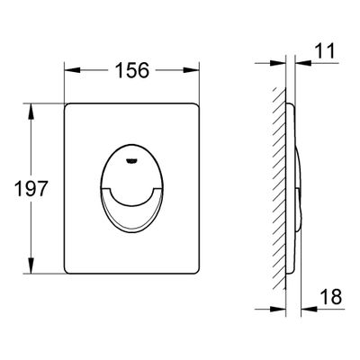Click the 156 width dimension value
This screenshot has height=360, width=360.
coord(132,70)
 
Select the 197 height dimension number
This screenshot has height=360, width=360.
coord(31,188)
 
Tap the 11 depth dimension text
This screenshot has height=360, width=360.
coord(325,50)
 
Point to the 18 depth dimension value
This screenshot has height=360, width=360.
coord(331,296)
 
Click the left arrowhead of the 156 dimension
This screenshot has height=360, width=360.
coord(73,70)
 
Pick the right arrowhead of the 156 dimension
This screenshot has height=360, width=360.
coord(191,70)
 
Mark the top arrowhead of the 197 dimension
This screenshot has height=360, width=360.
coord(31,112)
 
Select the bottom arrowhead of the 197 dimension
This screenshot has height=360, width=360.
coord(31,265)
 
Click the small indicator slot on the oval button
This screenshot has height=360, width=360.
coord(131,161)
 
